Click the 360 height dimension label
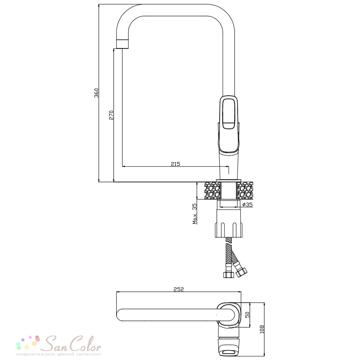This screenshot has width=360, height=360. coord(96,93)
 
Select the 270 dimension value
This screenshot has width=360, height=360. coord(111,115)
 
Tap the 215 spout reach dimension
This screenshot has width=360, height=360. coord(175,164)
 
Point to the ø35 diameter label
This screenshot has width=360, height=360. coord(247,204)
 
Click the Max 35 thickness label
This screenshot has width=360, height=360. coord(194,213)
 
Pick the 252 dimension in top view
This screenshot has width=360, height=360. coord(179,289)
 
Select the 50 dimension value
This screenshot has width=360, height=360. coord(247,315)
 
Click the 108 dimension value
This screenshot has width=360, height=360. coord(262,329)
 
